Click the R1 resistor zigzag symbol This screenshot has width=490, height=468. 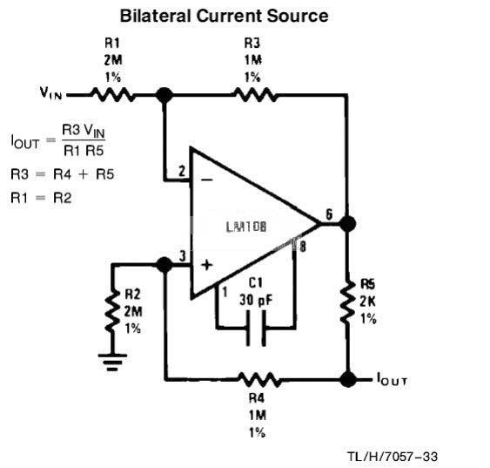[x=112, y=94]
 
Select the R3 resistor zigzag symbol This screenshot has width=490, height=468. [x=255, y=94]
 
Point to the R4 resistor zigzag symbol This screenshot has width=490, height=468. [x=259, y=380]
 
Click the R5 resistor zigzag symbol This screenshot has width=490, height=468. [x=347, y=302]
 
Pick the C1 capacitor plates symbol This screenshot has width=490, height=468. [x=256, y=328]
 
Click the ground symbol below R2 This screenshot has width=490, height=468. [x=112, y=363]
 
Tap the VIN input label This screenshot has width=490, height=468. [x=50, y=92]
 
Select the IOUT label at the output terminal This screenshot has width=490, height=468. [x=392, y=379]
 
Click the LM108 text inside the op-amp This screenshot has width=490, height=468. [x=246, y=227]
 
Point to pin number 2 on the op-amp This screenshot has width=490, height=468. [x=182, y=172]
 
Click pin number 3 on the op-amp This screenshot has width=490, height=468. [x=183, y=256]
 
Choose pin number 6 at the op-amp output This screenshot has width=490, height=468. [x=329, y=214]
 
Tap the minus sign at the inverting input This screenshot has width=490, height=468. [x=206, y=180]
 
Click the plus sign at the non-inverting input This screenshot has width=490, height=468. [x=206, y=265]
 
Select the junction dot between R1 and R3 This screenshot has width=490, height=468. [x=164, y=95]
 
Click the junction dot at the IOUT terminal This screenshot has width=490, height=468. [x=347, y=379]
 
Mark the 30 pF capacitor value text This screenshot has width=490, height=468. [x=256, y=300]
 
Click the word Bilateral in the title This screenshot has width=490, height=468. [x=155, y=16]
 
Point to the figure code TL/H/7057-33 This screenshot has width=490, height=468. [x=393, y=457]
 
